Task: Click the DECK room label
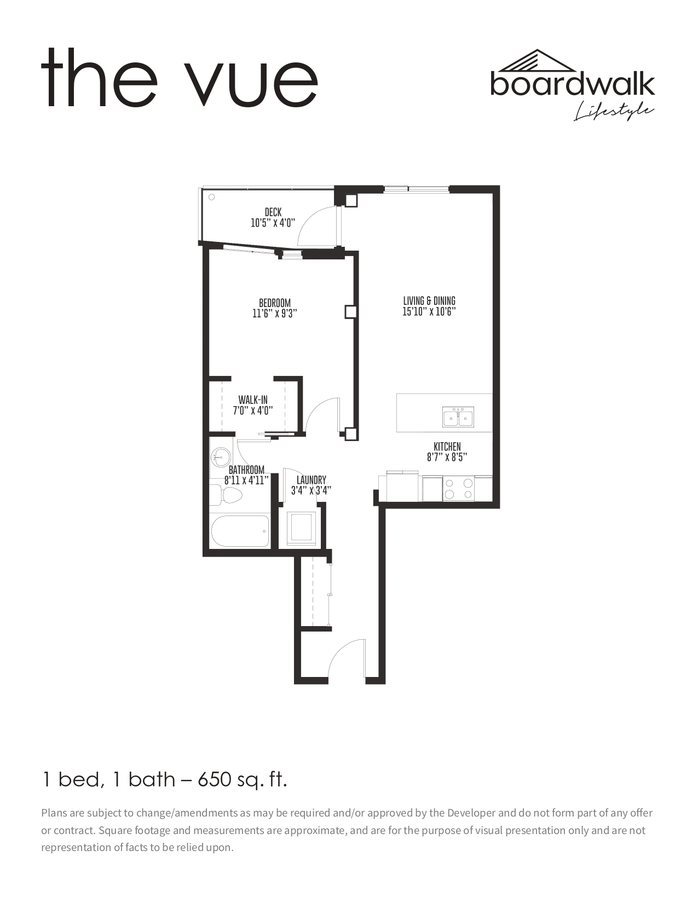[x=273, y=213]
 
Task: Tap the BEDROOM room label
[x=275, y=303]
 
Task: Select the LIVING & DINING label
[x=429, y=301]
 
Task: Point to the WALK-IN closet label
[x=253, y=400]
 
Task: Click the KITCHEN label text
[x=447, y=447]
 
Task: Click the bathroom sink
[x=220, y=458]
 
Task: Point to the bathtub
[x=240, y=531]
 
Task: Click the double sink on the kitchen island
[x=458, y=417]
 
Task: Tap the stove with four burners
[x=458, y=489]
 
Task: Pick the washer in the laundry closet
[x=302, y=528]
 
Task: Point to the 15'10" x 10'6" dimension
[x=429, y=311]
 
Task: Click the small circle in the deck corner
[x=212, y=197]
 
